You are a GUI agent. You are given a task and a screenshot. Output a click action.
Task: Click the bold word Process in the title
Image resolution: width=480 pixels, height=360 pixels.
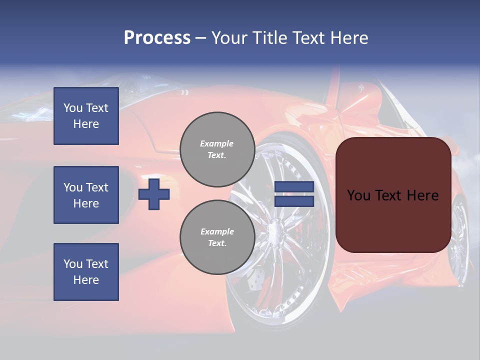pos(157,38)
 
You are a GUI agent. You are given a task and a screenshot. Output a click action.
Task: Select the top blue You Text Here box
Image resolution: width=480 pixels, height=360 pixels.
pos(86,116)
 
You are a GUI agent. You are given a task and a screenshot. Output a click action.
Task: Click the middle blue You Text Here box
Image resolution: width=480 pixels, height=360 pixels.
pos(86,195)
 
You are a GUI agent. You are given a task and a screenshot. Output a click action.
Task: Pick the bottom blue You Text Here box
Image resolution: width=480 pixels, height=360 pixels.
pos(86,271)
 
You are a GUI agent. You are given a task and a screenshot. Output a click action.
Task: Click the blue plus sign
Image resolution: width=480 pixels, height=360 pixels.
pos(154,194)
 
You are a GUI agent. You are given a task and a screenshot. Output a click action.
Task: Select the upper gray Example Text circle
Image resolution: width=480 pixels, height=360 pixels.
pos(217,149)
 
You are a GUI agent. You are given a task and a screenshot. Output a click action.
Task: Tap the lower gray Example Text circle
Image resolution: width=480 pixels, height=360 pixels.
pos(217,237)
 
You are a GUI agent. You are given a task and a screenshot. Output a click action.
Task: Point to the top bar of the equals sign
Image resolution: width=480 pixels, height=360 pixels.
pos(294,187)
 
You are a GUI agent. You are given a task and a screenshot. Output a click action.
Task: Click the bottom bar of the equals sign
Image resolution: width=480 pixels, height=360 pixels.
pos(294,201)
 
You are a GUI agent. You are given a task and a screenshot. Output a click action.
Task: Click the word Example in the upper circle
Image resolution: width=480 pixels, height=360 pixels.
pos(216,143)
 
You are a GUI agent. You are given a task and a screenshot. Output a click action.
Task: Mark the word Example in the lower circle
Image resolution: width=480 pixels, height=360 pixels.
pos(217,231)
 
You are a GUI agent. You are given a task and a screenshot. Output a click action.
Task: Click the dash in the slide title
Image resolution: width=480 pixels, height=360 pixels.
pos(200,38)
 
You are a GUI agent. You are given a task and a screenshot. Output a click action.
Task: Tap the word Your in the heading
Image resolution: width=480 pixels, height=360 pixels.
pos(228,38)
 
